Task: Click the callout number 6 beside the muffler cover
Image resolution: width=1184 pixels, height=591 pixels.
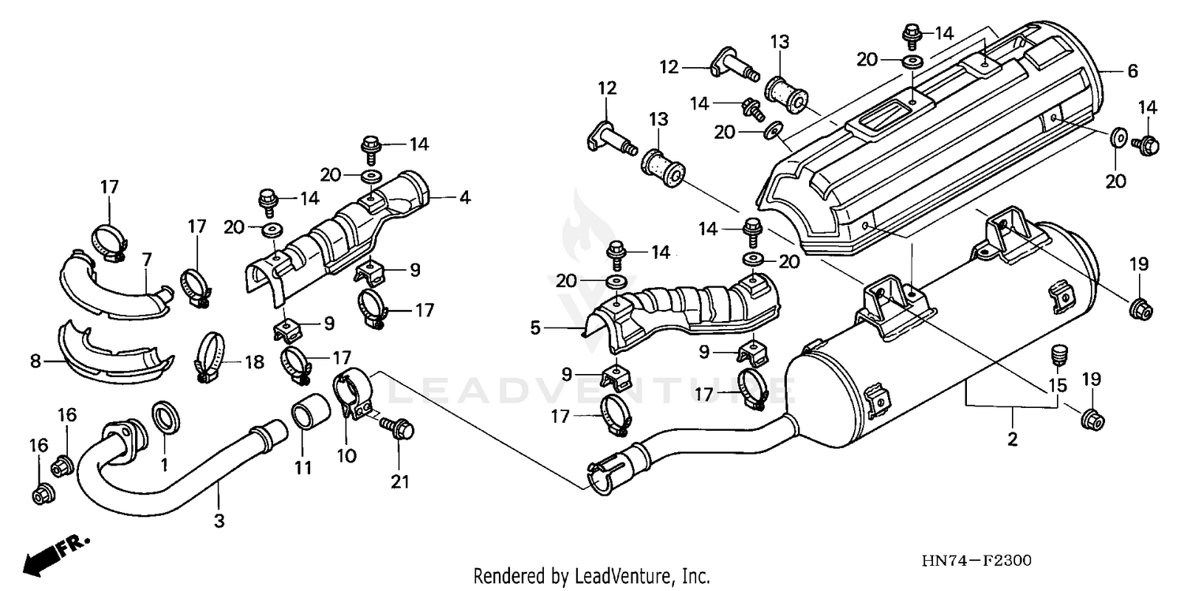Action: click(x=1133, y=71)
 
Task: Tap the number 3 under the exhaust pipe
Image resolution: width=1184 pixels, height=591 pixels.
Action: click(x=219, y=520)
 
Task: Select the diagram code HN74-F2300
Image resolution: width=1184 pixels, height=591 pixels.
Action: click(x=976, y=561)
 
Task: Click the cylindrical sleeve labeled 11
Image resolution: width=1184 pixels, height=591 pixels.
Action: click(x=306, y=413)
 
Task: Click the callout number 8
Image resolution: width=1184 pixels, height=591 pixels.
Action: click(x=35, y=362)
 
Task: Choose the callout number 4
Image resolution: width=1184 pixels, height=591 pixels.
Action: click(x=465, y=197)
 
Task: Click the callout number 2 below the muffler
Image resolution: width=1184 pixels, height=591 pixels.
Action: click(x=1012, y=440)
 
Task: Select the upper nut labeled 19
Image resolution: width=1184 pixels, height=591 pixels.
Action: click(x=1141, y=309)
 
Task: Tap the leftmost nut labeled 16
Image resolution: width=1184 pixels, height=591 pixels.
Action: click(x=40, y=495)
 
